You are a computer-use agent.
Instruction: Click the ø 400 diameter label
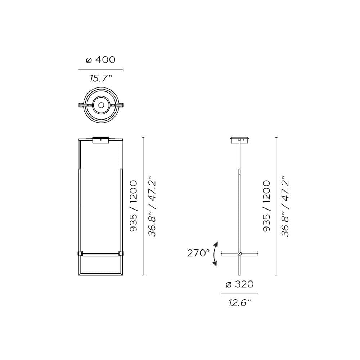click(x=101, y=60)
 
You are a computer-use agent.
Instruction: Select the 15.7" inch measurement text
click(x=101, y=78)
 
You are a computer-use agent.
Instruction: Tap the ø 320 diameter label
click(x=239, y=284)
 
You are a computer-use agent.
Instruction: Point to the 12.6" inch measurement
click(x=239, y=303)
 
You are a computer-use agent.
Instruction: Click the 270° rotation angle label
click(x=198, y=253)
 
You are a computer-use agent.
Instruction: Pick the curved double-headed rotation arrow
click(x=215, y=254)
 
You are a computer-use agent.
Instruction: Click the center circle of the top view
click(x=101, y=105)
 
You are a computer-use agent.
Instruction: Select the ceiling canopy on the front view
click(x=101, y=140)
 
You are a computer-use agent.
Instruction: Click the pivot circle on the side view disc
click(x=239, y=254)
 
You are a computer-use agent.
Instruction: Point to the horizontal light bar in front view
click(x=101, y=253)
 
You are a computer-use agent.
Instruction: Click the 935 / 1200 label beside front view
click(x=134, y=206)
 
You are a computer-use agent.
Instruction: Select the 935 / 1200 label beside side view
click(x=266, y=206)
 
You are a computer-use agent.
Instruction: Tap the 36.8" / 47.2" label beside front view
click(x=152, y=206)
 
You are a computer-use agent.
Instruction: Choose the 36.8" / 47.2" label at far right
click(x=285, y=206)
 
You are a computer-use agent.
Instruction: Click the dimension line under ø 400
click(x=101, y=69)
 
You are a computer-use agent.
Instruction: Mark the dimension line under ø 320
click(x=239, y=294)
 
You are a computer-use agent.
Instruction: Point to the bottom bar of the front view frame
click(x=101, y=274)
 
